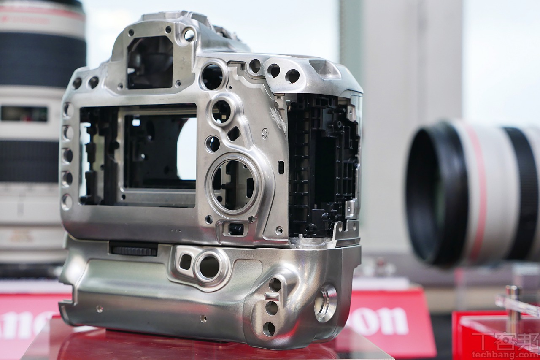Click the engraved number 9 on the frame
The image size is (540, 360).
tap(265, 134)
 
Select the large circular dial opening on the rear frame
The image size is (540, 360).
tap(233, 185)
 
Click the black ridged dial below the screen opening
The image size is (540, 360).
tap(133, 249)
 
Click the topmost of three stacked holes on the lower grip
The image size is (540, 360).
tap(275, 286)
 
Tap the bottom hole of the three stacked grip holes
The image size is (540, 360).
tap(269, 328)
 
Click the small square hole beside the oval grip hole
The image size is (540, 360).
tap(185, 262)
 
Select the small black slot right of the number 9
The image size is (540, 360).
tap(281, 167)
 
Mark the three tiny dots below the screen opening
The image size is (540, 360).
tap(175, 230)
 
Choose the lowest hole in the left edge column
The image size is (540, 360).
tap(67, 202)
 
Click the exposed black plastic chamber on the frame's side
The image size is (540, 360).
tap(321, 165)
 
